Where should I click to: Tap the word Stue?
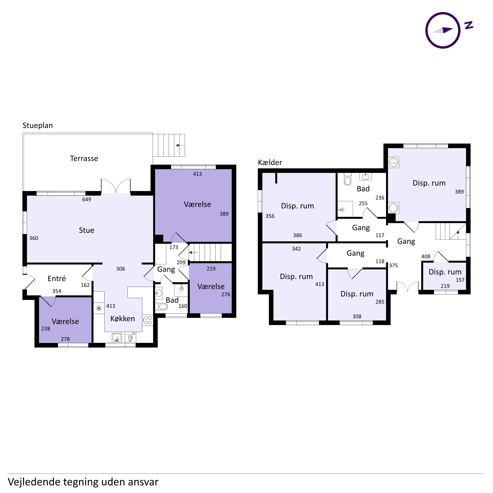point(87,230)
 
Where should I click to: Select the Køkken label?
point(123,318)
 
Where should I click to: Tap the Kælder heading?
point(270,162)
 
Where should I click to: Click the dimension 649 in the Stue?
point(87,199)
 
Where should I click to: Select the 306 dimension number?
point(120,269)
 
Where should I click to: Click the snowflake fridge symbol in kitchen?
point(99,308)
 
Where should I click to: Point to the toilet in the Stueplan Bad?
point(161,306)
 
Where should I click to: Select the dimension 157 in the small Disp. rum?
point(460,280)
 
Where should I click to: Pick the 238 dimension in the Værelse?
point(46,329)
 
